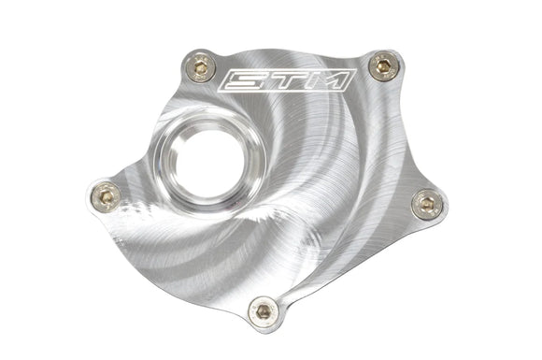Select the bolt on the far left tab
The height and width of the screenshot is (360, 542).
(105, 194)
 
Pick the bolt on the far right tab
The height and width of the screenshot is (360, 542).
(426, 201)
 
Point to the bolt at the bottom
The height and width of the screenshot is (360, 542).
(264, 308)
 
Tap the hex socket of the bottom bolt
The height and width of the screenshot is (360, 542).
(264, 308)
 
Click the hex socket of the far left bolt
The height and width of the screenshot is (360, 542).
(105, 194)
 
